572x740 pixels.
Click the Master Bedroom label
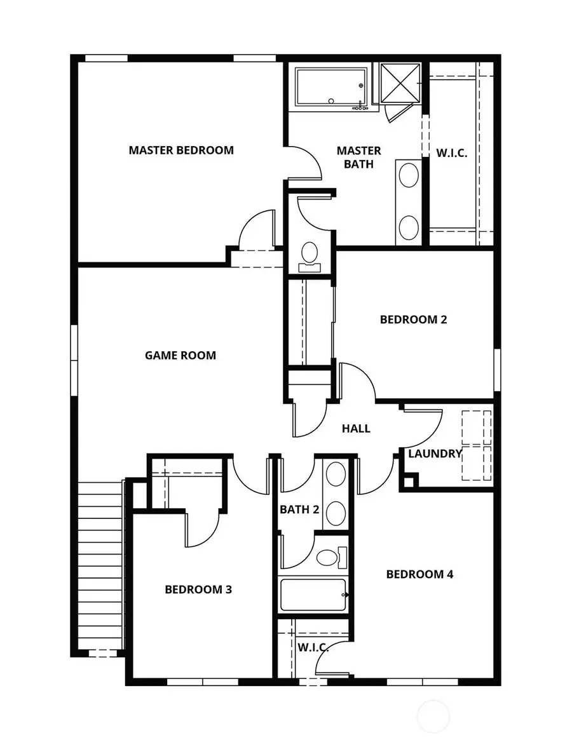point(181,151)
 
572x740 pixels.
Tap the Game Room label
point(180,356)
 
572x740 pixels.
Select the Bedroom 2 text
point(413,320)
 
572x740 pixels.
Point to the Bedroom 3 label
point(198,589)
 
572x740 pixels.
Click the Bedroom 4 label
point(419,574)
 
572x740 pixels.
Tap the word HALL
point(356,429)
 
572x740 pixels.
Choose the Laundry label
point(435,454)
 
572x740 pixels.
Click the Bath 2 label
point(299,509)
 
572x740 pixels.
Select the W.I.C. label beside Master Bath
point(452,153)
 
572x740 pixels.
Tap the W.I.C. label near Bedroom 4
point(313,647)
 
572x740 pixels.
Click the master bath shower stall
point(400,83)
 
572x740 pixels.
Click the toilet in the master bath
point(310,254)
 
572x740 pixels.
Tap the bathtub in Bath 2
point(313,595)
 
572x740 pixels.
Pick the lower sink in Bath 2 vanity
point(336,512)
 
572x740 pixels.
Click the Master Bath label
point(359,157)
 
